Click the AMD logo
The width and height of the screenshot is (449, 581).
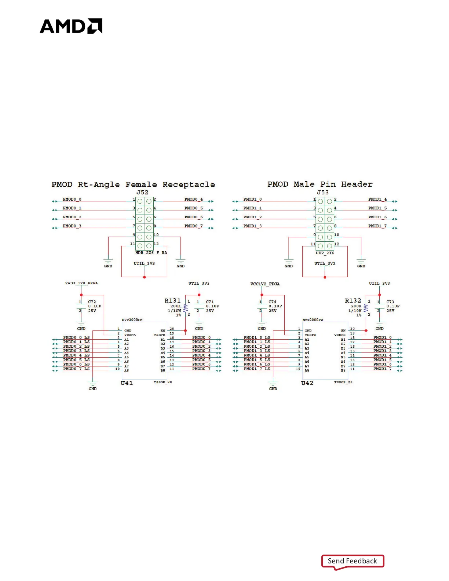click(x=71, y=26)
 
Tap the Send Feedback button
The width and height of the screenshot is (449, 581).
click(x=352, y=561)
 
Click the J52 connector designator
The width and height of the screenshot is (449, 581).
click(x=142, y=192)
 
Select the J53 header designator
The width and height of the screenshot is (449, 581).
click(x=323, y=192)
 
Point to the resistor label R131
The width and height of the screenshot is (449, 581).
click(x=172, y=300)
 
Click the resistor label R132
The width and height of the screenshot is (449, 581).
click(x=353, y=300)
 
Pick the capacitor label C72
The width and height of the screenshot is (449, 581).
click(x=92, y=302)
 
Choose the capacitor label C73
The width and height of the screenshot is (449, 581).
click(x=390, y=302)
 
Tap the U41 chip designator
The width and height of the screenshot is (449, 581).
click(x=127, y=383)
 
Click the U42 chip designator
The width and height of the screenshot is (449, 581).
click(x=307, y=383)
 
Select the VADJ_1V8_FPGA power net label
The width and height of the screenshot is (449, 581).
click(x=81, y=283)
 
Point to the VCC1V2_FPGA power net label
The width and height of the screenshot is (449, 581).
click(x=265, y=284)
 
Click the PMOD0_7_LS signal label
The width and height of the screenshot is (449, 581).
click(x=76, y=369)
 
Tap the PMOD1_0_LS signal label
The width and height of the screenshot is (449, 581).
click(x=257, y=337)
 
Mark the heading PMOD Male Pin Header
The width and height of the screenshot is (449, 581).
click(x=320, y=184)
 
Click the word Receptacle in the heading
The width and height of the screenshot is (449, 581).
click(x=189, y=184)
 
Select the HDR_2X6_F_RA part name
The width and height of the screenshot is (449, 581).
click(x=151, y=253)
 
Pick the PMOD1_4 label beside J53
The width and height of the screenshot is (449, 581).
click(x=377, y=199)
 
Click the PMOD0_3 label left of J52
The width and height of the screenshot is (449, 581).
click(x=72, y=226)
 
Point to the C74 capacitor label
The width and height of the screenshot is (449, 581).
click(x=273, y=302)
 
